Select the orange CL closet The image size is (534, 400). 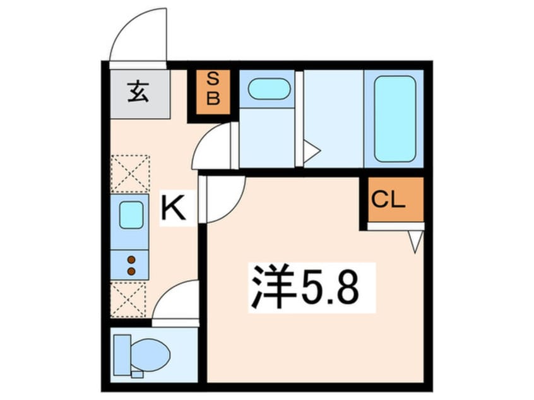(x=396, y=200)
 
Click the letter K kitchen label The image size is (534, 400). (x=174, y=209)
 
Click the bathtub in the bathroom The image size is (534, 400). (x=395, y=119)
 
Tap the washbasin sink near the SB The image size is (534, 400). (x=268, y=89)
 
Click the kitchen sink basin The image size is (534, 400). (x=131, y=215)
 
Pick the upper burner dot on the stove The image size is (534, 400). (x=131, y=259)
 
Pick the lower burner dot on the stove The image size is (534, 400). (x=131, y=271)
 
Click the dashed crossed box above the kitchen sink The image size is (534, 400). (x=130, y=173)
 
